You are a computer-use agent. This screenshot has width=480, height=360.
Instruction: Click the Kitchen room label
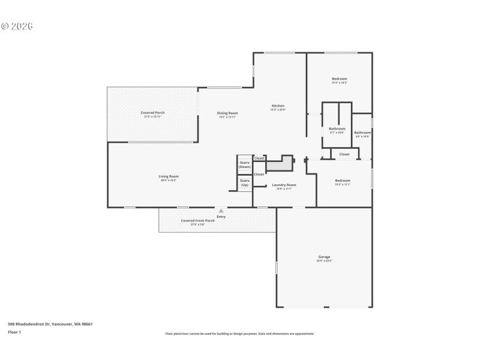278,106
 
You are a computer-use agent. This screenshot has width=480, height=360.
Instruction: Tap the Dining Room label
227,113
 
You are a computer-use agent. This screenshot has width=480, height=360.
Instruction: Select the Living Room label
169,176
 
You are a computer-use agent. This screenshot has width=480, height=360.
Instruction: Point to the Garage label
324,257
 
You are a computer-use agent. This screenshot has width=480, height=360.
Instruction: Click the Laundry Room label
284,185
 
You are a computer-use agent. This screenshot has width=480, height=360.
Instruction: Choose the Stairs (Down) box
245,164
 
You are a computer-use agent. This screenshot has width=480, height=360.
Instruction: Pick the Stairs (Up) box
245,182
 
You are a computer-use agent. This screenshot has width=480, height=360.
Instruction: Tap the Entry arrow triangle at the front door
221,211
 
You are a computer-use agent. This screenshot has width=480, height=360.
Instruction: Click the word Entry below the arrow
221,216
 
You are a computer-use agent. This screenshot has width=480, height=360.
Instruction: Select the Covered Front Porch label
198,220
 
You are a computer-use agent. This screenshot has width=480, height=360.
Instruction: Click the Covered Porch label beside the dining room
153,113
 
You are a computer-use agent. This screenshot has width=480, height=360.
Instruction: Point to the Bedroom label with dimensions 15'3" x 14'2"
340,79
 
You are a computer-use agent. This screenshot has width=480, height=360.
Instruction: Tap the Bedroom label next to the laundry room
343,181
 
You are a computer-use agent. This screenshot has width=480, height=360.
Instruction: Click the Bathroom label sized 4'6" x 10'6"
362,133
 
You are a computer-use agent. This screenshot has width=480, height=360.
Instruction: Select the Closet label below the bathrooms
344,154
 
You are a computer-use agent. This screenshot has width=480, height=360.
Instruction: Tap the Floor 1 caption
14,332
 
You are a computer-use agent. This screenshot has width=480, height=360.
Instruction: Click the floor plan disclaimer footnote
239,334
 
